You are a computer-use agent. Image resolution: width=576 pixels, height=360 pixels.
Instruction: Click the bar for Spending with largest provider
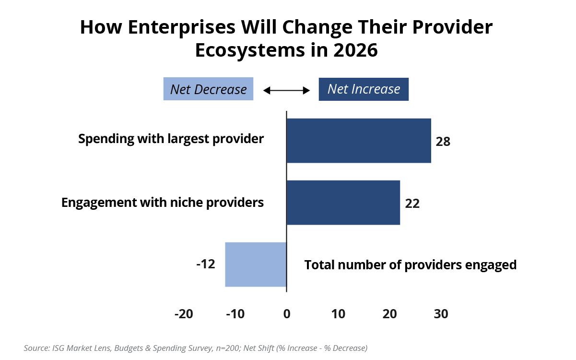pos(359,141)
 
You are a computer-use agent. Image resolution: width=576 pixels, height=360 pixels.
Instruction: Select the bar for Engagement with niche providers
pos(343,203)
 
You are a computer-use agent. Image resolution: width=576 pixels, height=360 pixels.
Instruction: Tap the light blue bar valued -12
pos(256,264)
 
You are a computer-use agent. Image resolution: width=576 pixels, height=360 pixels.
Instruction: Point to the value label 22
pos(412,204)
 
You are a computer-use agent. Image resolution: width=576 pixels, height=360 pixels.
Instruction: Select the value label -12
pos(206,264)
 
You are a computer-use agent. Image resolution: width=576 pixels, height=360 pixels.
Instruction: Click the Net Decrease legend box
pos(208,89)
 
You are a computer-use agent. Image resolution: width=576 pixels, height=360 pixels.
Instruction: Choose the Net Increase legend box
pos(364,89)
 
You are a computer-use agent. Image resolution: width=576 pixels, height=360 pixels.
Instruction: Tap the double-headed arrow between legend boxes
pos(286,90)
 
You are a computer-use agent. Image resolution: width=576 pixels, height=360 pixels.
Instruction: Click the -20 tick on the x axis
pos(184,314)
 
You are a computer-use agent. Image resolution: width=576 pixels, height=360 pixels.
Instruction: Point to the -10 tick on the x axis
pos(235,314)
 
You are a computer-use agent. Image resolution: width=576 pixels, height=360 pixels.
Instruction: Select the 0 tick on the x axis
pos(286,314)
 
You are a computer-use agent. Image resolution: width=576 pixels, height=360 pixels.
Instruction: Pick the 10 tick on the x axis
pos(338,314)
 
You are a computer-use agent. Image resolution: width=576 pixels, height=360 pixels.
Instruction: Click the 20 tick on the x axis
pos(389,314)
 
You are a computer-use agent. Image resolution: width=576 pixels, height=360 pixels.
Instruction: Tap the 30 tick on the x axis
pos(441,314)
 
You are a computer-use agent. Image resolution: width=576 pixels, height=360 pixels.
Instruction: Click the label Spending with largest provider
pos(171,139)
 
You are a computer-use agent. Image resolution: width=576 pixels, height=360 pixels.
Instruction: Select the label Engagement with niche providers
pos(163,203)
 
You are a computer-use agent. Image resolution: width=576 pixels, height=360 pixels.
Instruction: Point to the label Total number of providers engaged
pos(411,264)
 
